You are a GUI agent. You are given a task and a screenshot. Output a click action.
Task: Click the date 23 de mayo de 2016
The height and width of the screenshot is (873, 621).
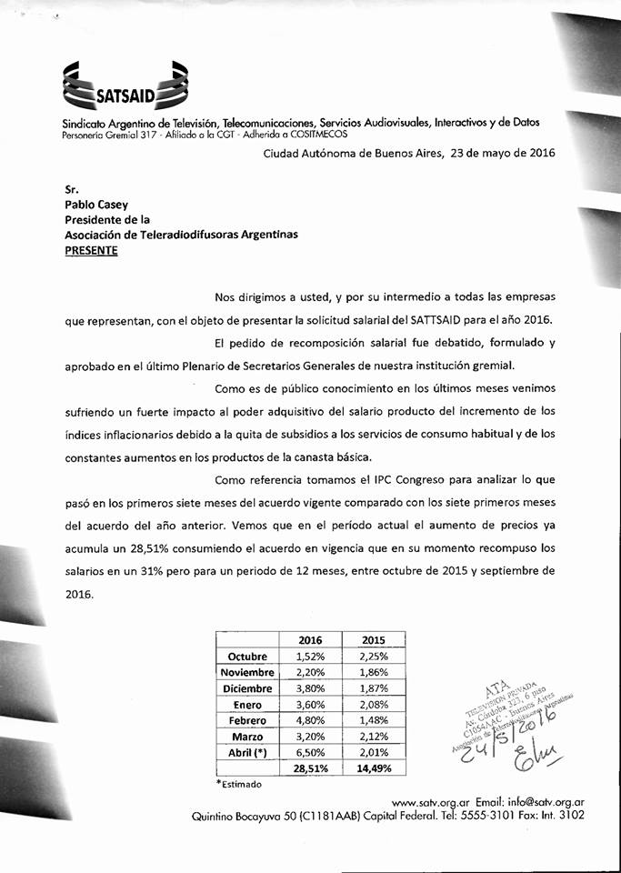[x=490, y=154]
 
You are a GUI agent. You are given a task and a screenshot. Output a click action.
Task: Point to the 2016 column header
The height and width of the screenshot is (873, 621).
[x=310, y=640]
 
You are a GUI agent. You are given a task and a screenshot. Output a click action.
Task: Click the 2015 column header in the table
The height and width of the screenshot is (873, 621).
[x=374, y=640]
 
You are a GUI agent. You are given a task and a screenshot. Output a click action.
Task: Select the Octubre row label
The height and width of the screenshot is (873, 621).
[x=248, y=657]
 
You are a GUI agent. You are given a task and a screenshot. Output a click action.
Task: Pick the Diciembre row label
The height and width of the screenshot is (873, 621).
[x=248, y=688]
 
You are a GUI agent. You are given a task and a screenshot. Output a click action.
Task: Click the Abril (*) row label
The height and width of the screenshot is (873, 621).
[x=248, y=752]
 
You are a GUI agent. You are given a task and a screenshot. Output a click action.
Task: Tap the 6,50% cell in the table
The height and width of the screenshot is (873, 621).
[x=310, y=752]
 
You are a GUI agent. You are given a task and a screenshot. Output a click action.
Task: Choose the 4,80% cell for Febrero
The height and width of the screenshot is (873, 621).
[x=310, y=720]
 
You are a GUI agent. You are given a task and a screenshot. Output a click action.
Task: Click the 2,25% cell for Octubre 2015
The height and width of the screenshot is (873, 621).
[x=374, y=657]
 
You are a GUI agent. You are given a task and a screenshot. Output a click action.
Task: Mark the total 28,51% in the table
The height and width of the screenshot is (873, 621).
[x=310, y=768]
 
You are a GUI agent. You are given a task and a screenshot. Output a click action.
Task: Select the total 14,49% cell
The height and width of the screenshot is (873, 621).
[x=374, y=768]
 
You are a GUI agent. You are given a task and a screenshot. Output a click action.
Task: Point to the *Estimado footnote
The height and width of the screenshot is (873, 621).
[x=239, y=784]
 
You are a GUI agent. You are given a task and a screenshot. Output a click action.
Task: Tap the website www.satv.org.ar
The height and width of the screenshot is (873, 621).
[x=427, y=803]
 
